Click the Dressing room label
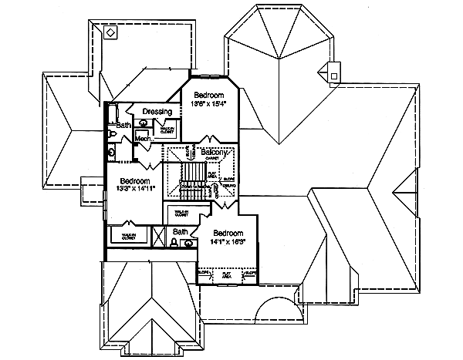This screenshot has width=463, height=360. click(157, 112)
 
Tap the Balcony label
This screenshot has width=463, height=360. click(214, 153)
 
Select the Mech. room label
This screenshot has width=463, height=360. click(144, 139)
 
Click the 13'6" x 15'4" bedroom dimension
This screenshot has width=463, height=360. click(209, 103)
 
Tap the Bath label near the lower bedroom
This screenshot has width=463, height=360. click(180, 231)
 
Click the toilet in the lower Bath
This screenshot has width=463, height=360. click(174, 244)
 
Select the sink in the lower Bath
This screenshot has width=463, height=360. click(189, 244)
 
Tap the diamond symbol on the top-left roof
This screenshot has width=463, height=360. click(111, 33)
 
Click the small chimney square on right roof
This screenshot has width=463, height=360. click(333, 75)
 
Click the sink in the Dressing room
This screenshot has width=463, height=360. click(144, 123)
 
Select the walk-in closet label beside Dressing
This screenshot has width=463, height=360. click(167, 130)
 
